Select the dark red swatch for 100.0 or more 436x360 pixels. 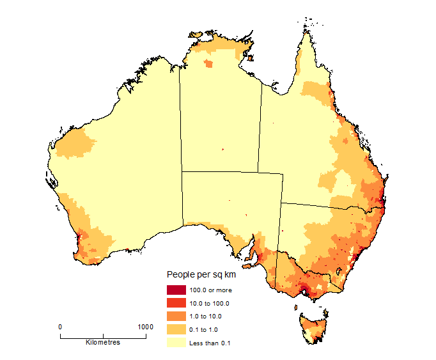tap(176, 290)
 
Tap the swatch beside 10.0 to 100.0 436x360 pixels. tap(176, 303)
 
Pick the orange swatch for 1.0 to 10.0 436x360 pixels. tap(176, 317)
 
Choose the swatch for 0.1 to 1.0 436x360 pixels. tap(176, 329)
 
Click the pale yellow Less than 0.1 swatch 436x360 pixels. tap(176, 343)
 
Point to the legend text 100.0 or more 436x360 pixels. tap(210, 290)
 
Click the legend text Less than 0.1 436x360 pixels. tap(209, 343)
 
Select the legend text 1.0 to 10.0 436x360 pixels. tap(206, 317)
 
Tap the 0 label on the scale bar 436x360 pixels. tap(61, 327)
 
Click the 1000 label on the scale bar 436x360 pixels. tap(145, 327)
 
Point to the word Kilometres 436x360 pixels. tap(103, 343)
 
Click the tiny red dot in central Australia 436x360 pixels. tap(222, 150)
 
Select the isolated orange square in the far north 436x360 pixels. tap(208, 63)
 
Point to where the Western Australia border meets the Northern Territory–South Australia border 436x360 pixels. tap(182, 171)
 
